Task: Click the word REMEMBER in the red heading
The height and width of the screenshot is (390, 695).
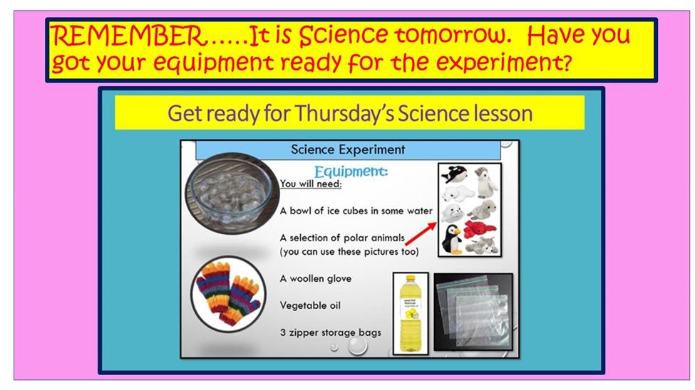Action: point(128,36)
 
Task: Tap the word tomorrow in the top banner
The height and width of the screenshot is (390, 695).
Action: point(453,35)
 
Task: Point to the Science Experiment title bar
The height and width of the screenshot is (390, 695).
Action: point(348,149)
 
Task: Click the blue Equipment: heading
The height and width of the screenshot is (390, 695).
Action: point(351,172)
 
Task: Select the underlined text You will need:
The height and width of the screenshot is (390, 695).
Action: point(311,184)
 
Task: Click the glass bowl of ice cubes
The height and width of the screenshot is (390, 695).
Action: point(232,193)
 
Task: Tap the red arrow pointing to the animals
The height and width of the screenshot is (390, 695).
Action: point(421,233)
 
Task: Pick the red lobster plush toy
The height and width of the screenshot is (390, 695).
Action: point(480,229)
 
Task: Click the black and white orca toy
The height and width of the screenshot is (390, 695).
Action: point(454,174)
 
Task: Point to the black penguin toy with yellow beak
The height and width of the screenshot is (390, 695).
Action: point(452,239)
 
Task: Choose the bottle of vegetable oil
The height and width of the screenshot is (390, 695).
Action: point(411,314)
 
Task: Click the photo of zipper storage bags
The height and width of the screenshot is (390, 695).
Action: point(473,312)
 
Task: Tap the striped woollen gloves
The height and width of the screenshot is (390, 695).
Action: point(228,293)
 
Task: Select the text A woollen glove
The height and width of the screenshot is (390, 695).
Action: point(316,278)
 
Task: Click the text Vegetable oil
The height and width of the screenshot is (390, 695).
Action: point(310,305)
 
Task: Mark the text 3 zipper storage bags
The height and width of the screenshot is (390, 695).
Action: point(331,332)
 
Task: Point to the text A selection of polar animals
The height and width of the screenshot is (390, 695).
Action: point(342,238)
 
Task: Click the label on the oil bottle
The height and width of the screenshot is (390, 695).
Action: point(411,310)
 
